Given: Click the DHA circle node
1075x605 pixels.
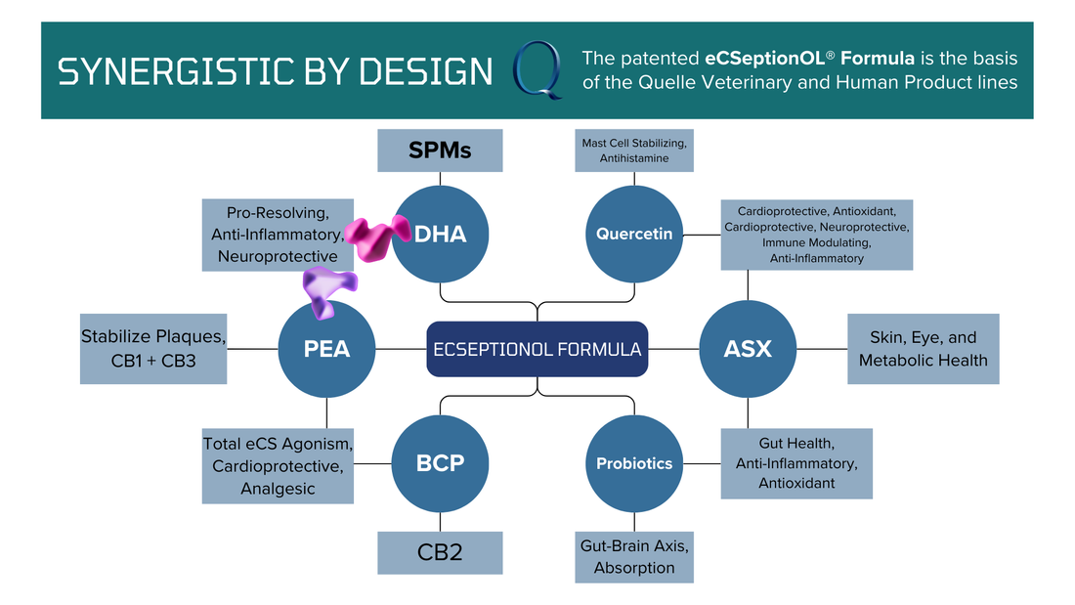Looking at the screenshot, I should click(440, 235).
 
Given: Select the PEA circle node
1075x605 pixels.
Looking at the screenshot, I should click(327, 349).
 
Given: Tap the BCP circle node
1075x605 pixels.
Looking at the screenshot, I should click(440, 463).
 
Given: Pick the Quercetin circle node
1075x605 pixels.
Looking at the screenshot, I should click(635, 235).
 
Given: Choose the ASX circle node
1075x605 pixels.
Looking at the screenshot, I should click(748, 349).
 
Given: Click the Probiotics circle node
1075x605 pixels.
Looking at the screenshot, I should click(635, 463).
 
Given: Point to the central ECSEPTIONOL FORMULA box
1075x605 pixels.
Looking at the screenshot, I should click(537, 349).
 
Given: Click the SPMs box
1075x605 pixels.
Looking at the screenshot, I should click(440, 151).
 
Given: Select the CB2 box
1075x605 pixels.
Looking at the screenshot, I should click(440, 552).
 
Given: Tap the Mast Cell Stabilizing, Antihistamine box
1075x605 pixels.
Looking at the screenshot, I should click(635, 151).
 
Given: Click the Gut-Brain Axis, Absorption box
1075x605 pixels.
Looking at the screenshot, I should click(635, 556).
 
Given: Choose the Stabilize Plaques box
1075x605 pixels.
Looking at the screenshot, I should click(152, 349).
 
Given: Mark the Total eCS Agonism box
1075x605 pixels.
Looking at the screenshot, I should click(278, 465).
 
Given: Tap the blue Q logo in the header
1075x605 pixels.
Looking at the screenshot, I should click(538, 71).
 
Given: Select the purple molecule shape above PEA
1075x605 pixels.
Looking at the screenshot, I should click(327, 289).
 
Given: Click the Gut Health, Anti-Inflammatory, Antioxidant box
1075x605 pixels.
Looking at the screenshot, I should click(796, 463).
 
